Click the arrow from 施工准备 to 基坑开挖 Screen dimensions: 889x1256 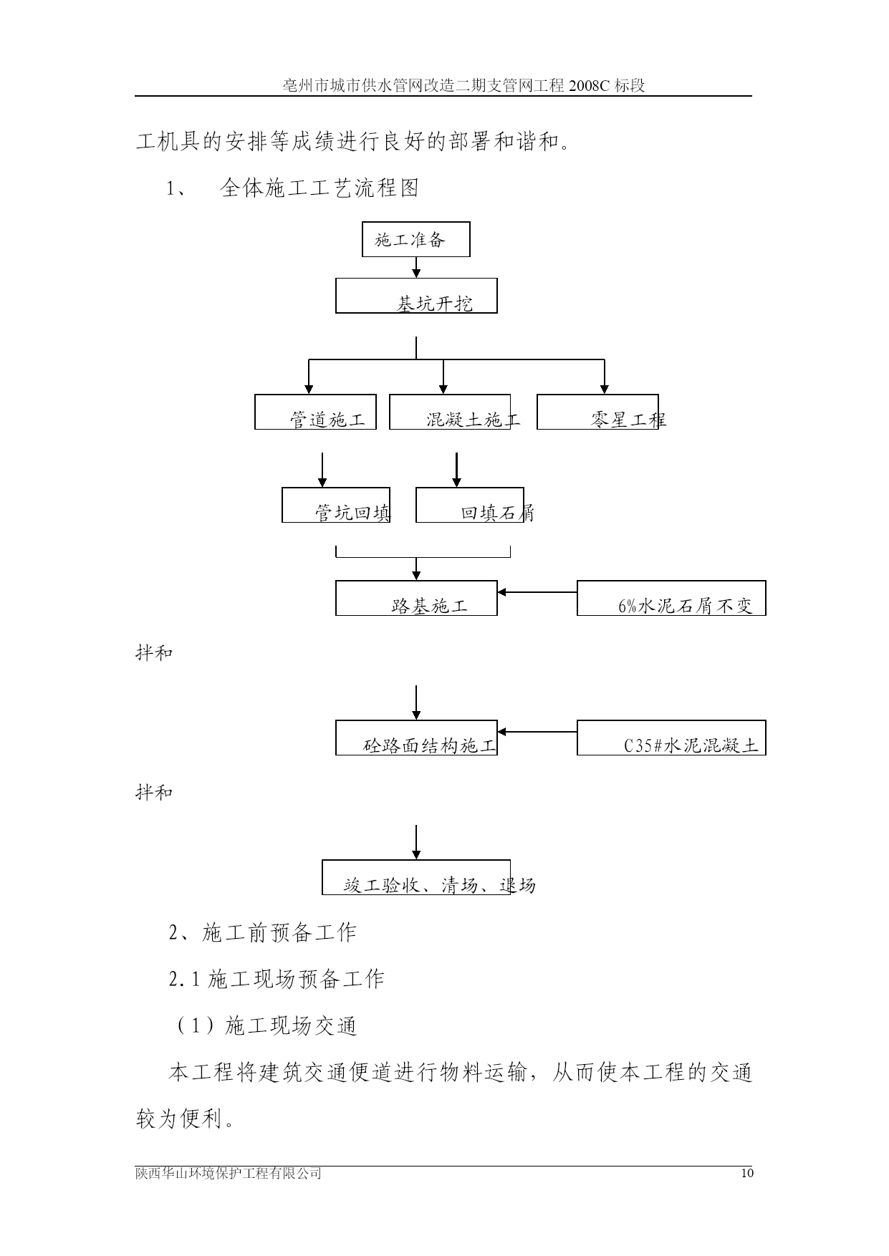(416, 268)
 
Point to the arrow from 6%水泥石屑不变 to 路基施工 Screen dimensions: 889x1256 (537, 592)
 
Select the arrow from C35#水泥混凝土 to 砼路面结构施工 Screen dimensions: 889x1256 (537, 732)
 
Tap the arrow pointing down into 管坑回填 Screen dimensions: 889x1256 (322, 470)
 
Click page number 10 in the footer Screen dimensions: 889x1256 (748, 1174)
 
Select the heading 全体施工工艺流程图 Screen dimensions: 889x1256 (319, 188)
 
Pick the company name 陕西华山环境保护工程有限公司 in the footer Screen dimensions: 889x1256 (229, 1174)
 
